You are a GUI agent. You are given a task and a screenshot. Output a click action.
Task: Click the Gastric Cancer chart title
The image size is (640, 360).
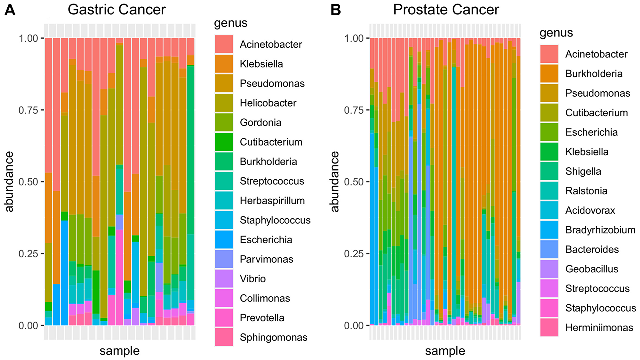pyautogui.click(x=116, y=10)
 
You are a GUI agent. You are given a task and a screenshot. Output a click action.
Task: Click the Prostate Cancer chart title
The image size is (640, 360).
pyautogui.click(x=446, y=10)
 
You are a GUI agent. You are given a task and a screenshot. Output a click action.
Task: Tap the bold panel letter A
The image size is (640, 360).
pyautogui.click(x=10, y=10)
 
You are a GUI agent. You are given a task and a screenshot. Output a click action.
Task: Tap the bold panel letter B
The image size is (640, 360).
pyautogui.click(x=335, y=10)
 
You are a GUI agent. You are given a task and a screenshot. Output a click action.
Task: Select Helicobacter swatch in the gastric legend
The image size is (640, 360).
pyautogui.click(x=224, y=103)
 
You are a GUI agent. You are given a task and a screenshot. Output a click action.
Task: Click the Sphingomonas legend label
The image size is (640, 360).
pyautogui.click(x=273, y=337)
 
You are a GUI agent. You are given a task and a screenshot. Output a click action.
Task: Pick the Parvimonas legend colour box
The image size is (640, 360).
pyautogui.click(x=224, y=259)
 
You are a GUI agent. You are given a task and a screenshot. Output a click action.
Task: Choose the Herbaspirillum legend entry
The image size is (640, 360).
pyautogui.click(x=272, y=201)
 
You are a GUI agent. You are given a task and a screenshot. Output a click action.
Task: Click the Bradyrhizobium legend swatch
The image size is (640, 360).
pyautogui.click(x=549, y=230)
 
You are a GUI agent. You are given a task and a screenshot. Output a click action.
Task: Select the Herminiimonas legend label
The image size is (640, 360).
pyautogui.click(x=599, y=327)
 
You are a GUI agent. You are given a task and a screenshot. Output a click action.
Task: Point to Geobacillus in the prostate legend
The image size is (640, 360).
pyautogui.click(x=592, y=269)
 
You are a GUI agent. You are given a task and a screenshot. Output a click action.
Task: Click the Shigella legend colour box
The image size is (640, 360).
pyautogui.click(x=549, y=171)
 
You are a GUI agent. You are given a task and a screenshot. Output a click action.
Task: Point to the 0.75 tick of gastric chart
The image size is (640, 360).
pyautogui.click(x=28, y=110)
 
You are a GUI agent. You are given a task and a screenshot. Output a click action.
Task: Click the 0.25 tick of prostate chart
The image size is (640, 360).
pyautogui.click(x=354, y=254)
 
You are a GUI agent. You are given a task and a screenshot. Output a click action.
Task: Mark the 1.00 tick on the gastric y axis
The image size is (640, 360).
pyautogui.click(x=28, y=38)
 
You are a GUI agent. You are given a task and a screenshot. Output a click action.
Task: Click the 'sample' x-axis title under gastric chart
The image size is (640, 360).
pyautogui.click(x=119, y=351)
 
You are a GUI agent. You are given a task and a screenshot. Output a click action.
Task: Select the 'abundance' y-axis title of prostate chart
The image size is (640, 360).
pyautogui.click(x=334, y=181)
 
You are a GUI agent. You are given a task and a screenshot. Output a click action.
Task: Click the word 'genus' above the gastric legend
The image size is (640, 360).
pyautogui.click(x=230, y=23)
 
